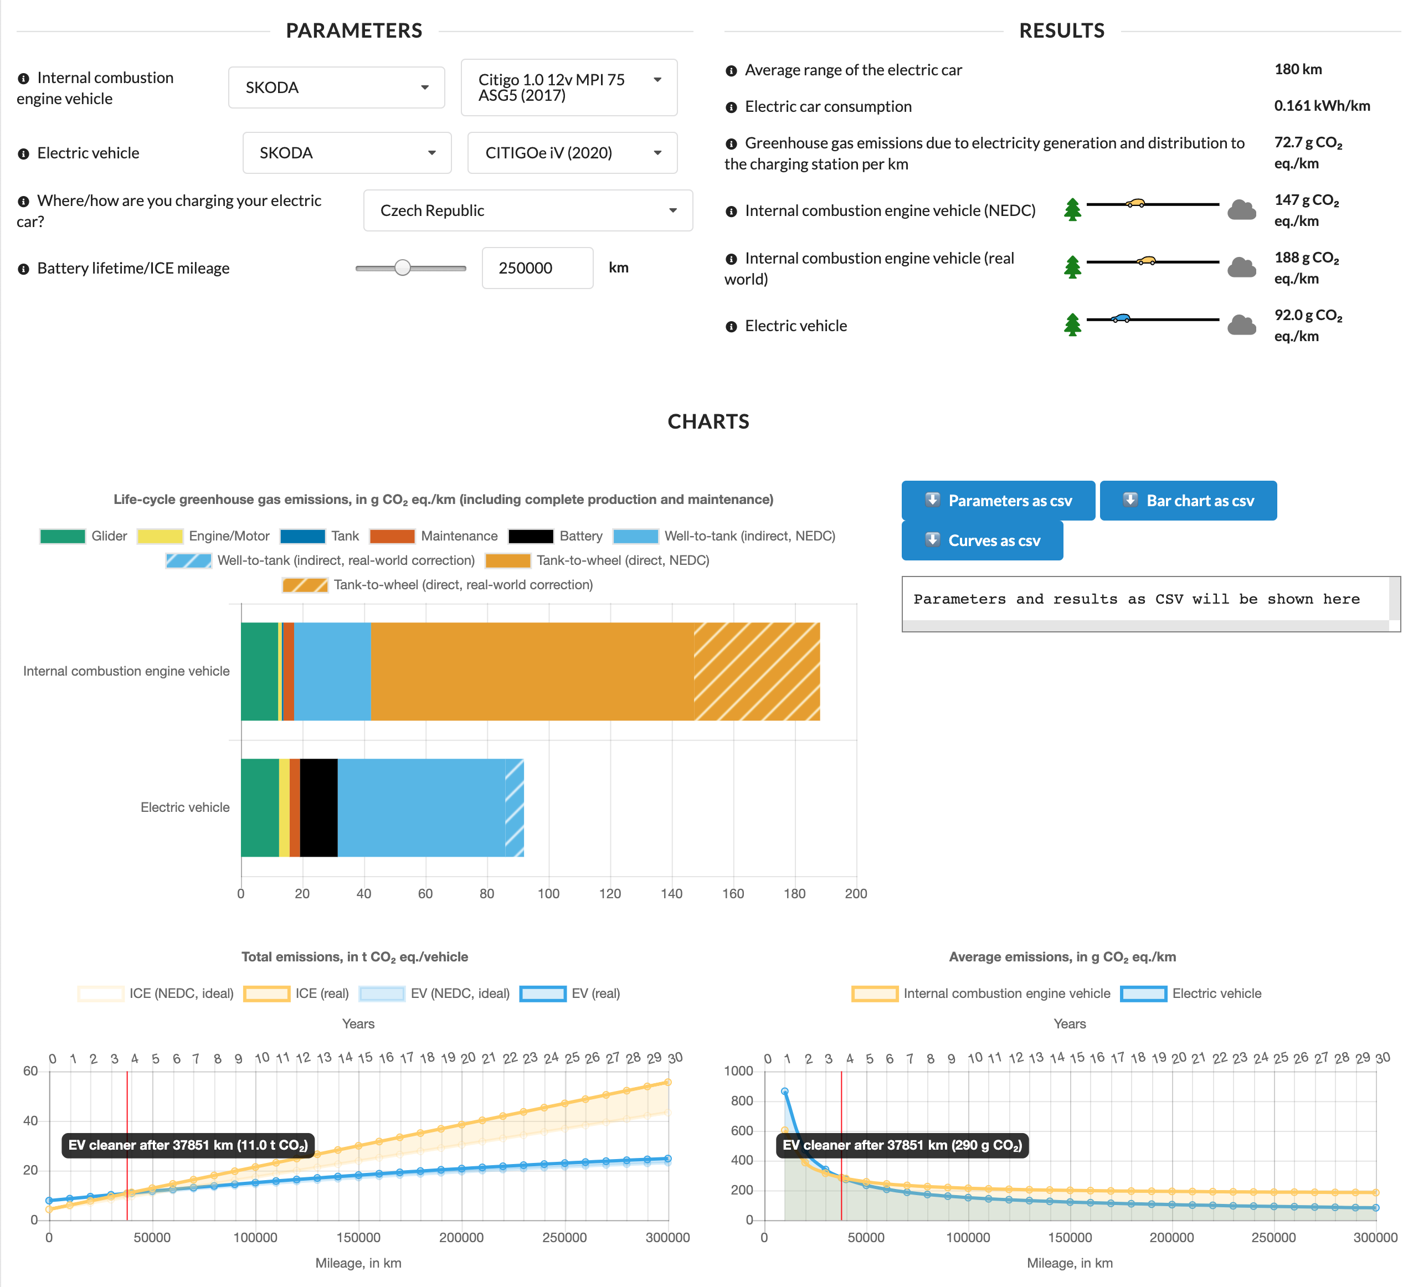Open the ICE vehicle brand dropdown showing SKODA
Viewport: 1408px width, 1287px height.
(336, 87)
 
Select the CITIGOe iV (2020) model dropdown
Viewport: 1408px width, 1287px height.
(571, 153)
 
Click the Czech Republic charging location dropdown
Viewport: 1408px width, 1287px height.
(527, 210)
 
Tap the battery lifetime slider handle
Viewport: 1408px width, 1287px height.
(402, 267)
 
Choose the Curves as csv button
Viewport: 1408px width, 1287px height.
(982, 540)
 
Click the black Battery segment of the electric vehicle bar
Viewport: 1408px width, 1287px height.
(318, 807)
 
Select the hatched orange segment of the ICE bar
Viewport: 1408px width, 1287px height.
(757, 671)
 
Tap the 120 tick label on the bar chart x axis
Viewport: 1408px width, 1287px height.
(610, 894)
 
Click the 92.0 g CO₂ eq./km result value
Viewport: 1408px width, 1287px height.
(1307, 326)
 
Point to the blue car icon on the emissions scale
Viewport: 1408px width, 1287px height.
(1121, 318)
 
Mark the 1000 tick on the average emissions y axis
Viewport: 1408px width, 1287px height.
(738, 1071)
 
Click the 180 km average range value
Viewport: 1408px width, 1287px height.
(1298, 69)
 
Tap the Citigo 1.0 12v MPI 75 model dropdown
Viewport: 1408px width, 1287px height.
(568, 87)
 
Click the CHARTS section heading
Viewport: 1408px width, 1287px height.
(708, 422)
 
